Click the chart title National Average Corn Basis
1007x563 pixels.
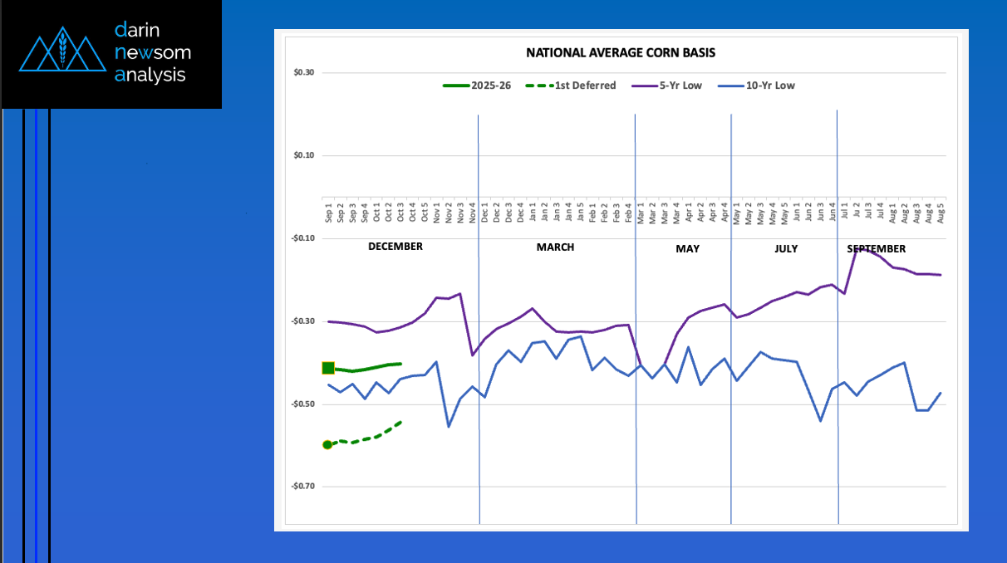(x=621, y=53)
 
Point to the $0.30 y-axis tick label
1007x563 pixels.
(x=304, y=73)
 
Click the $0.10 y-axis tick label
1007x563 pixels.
(x=304, y=156)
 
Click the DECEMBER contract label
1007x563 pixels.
(x=395, y=247)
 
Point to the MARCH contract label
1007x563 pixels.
(x=555, y=247)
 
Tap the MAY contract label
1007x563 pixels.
(x=687, y=249)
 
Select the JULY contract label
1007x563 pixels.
(x=785, y=249)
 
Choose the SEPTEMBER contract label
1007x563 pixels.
(x=877, y=249)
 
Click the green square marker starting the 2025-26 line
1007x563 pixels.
(x=328, y=368)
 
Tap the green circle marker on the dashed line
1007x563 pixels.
(x=327, y=445)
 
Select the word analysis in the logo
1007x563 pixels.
(x=150, y=76)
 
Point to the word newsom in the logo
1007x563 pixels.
(x=153, y=53)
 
